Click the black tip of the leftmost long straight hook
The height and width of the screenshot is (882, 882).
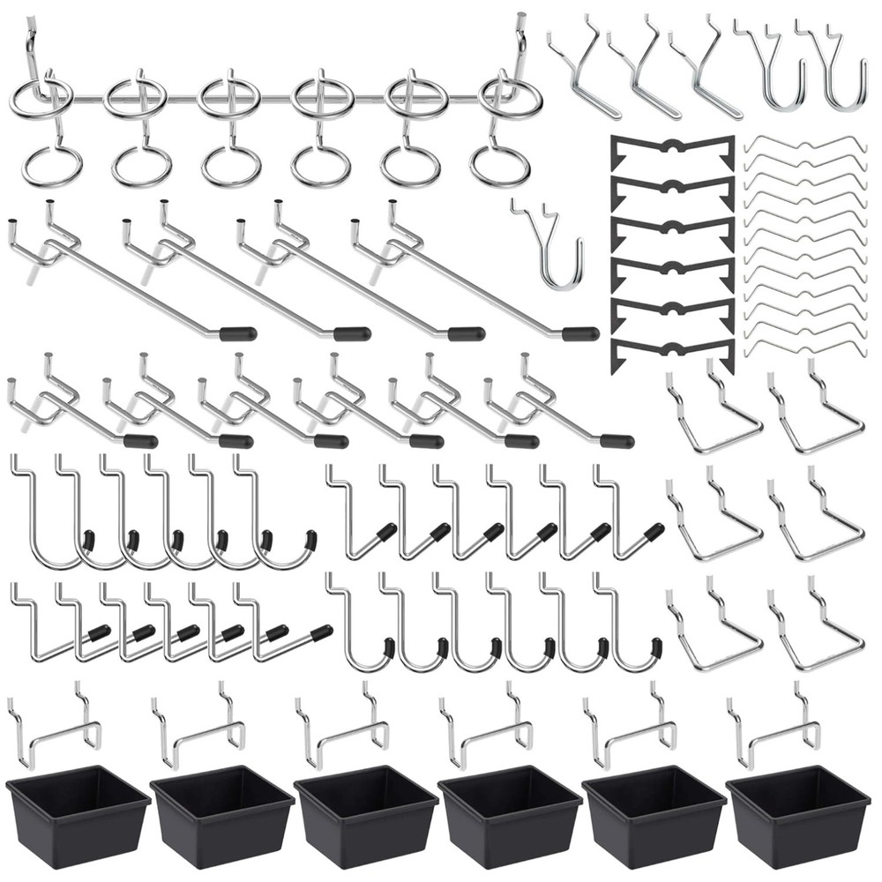click(x=238, y=334)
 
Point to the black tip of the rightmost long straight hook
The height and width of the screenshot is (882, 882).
click(x=580, y=334)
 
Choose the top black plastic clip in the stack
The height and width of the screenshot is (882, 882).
click(x=673, y=150)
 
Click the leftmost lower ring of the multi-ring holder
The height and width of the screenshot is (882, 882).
click(x=52, y=166)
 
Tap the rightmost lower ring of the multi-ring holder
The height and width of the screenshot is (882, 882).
click(x=500, y=166)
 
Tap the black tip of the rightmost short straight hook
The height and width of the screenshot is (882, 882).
click(x=617, y=441)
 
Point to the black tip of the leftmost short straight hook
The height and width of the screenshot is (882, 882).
click(x=140, y=441)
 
